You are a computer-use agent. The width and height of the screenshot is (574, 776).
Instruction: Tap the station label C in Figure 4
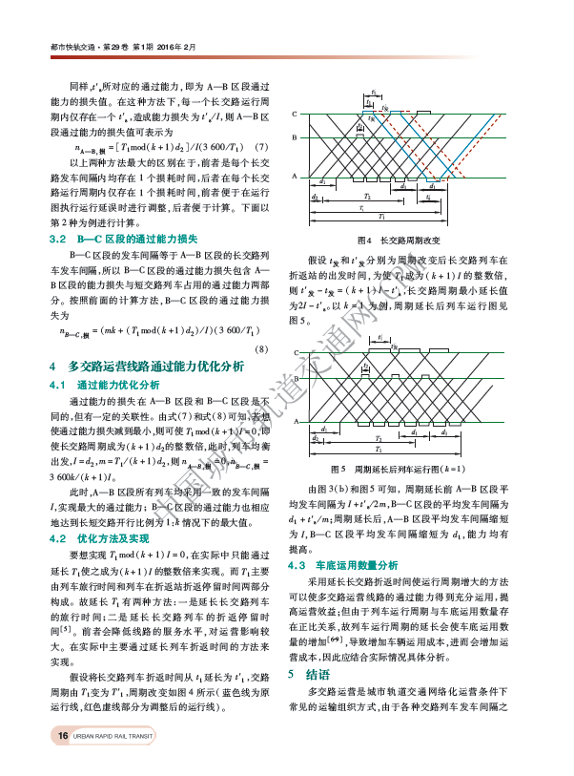coord(295,114)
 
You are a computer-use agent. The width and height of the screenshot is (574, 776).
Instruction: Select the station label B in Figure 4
coord(295,138)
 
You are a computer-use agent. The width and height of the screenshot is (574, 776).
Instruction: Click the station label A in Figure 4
coord(295,176)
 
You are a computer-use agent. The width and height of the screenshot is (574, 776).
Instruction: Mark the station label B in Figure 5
coord(295,376)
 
